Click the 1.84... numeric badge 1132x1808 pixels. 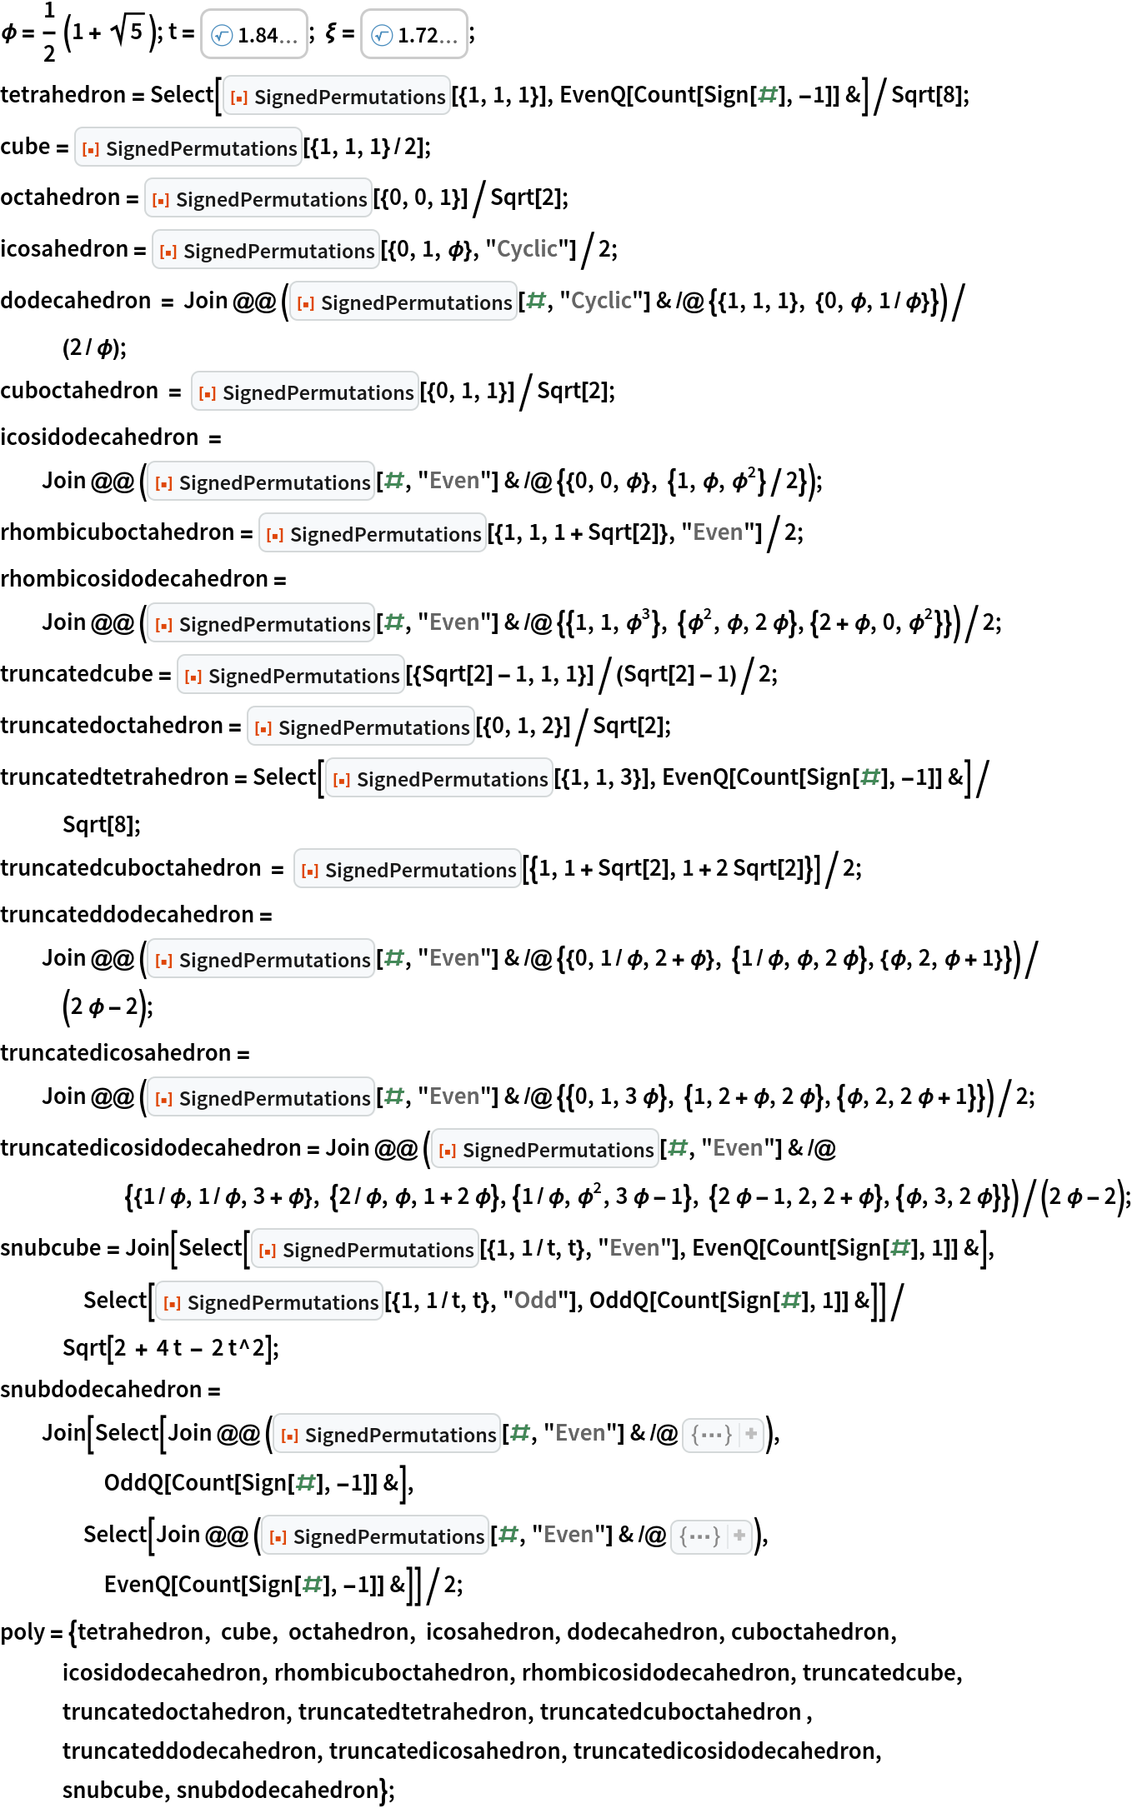254,35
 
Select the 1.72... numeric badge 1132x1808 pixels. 414,35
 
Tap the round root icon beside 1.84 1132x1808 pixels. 222,35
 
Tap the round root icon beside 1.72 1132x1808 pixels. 382,35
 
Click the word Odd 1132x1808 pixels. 535,1301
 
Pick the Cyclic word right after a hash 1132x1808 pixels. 601,301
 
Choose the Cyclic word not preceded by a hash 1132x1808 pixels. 527,249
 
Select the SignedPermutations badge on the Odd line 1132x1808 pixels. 269,1302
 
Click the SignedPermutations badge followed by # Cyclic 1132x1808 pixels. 403,302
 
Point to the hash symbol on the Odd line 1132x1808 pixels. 791,1301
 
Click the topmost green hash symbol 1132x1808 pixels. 768,95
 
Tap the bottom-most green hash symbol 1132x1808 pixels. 313,1585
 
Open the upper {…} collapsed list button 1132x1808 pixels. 712,1435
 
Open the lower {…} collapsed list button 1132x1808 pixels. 700,1536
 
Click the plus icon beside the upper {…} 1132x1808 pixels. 751,1435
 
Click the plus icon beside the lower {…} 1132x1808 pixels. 739,1536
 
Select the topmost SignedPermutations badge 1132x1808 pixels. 337,97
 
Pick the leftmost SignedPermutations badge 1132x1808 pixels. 188,148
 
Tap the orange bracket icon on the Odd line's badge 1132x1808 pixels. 172,1303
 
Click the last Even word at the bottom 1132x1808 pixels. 569,1535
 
